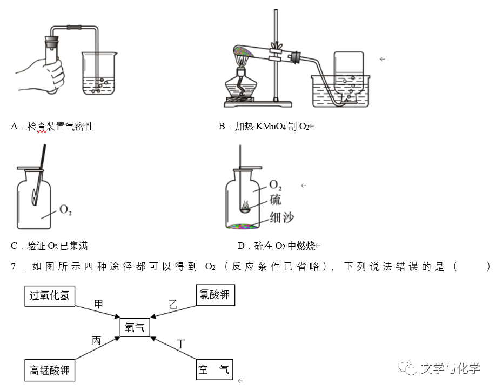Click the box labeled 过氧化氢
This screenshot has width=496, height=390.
coord(50,296)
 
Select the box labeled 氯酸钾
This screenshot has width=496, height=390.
coord(215,296)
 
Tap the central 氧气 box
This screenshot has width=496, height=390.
coord(134,327)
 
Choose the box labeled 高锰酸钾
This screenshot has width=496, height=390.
coord(50,371)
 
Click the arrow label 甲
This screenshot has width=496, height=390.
coord(98,304)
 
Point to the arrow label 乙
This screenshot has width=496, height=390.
coord(173,305)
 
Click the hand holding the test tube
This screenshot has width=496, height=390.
coord(41,76)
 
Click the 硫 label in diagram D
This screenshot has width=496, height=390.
coord(275,200)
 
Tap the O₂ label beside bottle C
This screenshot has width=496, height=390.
coord(66,210)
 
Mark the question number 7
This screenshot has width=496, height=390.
coord(14,266)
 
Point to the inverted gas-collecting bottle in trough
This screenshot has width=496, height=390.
coord(349,76)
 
